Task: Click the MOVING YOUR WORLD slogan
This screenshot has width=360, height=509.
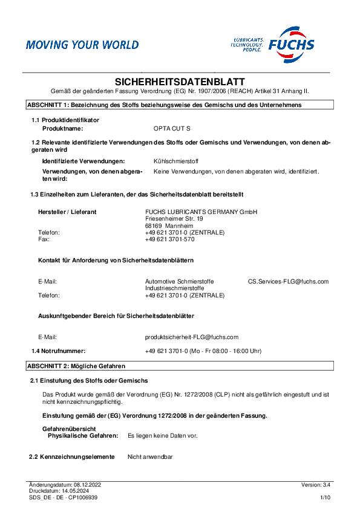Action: [x=82, y=45]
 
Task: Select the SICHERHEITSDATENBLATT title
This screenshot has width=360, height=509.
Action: [x=180, y=81]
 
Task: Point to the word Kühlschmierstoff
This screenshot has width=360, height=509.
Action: [x=176, y=161]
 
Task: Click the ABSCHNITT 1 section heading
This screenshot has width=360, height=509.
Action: [x=164, y=105]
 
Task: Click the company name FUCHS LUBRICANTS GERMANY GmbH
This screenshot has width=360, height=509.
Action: [x=201, y=212]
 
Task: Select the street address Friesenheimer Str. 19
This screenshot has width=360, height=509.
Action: [x=174, y=218]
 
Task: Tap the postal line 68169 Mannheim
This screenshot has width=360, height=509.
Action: [x=166, y=225]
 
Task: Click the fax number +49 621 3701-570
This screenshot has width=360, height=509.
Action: [x=169, y=239]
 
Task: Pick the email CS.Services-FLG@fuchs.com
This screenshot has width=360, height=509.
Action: [x=288, y=281]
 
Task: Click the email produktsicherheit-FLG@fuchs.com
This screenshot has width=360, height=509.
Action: [x=192, y=337]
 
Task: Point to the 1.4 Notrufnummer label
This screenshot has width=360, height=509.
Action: [x=59, y=351]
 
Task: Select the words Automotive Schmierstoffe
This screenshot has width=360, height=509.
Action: [x=179, y=281]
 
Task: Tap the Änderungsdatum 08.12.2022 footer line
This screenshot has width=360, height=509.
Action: [x=65, y=485]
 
